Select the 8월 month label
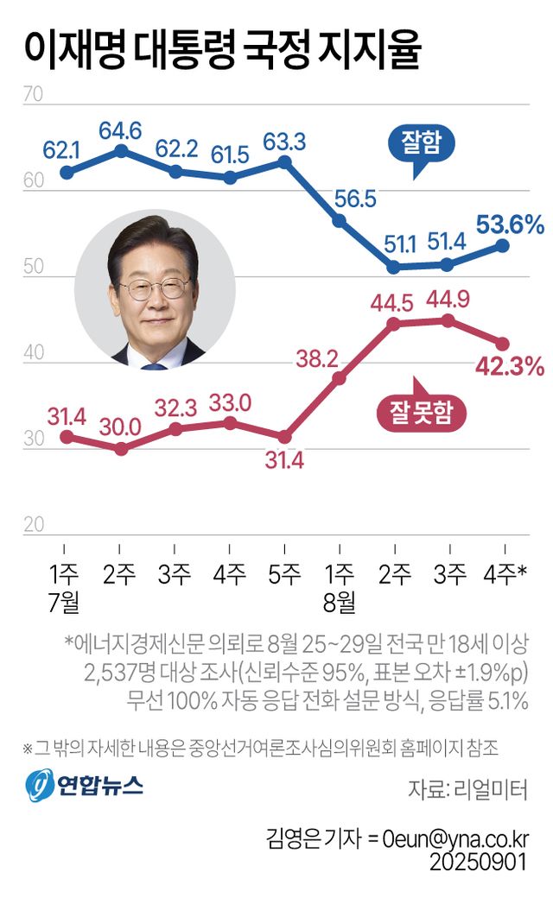[x=339, y=599]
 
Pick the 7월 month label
[x=66, y=599]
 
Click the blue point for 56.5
[x=339, y=221]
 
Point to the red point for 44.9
[x=448, y=320]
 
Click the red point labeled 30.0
[x=121, y=449]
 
